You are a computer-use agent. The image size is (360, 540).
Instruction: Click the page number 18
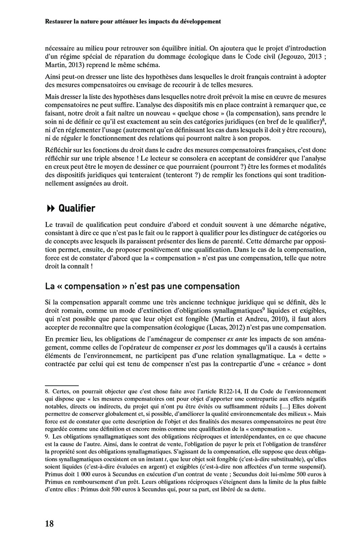(49, 523)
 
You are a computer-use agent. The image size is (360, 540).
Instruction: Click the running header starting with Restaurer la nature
(133, 21)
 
